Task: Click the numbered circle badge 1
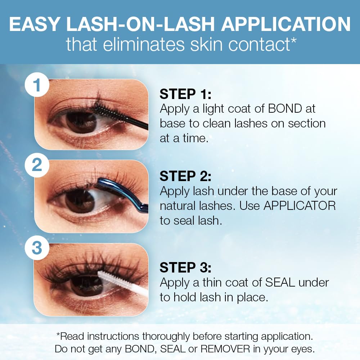tap(37, 85)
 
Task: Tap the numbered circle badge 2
tap(37, 165)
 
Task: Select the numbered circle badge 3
tap(37, 248)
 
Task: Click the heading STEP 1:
tap(185, 94)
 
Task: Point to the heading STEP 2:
tap(185, 176)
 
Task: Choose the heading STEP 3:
tap(185, 268)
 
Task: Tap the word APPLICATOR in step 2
tap(300, 206)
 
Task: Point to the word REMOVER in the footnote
tap(225, 349)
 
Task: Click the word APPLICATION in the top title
tap(286, 24)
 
